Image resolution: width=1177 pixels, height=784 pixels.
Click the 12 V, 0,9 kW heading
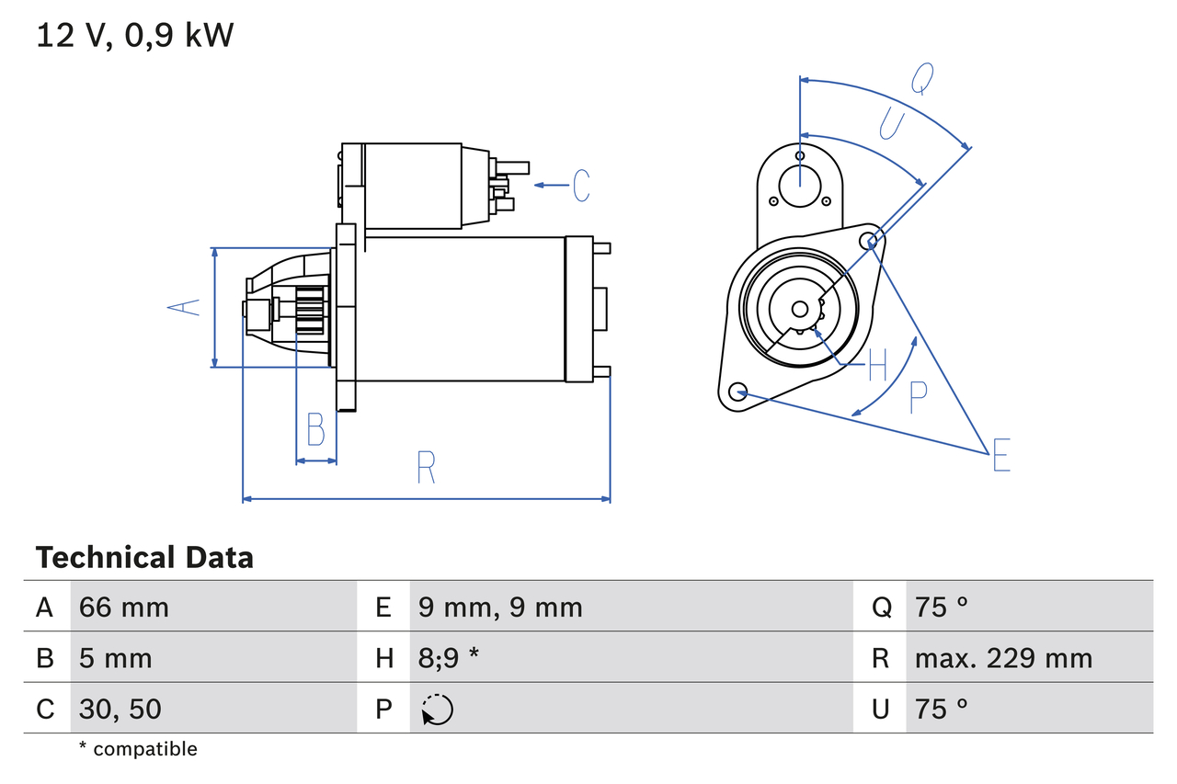tap(135, 36)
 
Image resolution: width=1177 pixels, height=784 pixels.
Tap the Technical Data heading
tap(144, 558)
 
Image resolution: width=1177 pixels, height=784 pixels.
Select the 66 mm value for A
tap(124, 608)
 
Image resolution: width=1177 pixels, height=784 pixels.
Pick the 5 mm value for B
tap(116, 658)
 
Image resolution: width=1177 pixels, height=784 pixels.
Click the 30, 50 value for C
tap(120, 709)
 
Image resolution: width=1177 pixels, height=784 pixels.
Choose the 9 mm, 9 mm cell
tap(500, 608)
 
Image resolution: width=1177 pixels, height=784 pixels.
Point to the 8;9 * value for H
tap(449, 658)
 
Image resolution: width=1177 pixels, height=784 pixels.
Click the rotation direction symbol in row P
tap(438, 710)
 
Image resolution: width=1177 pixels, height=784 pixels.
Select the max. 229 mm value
tap(1003, 658)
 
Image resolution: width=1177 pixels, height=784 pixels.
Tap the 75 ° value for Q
tap(942, 608)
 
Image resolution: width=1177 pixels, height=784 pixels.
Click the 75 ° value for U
tap(942, 709)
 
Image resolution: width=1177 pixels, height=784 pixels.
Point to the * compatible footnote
tap(138, 749)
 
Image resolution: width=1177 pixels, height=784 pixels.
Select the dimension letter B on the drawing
tap(315, 429)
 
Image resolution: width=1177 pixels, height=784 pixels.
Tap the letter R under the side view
tap(425, 468)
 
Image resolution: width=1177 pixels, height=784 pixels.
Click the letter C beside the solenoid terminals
tap(581, 186)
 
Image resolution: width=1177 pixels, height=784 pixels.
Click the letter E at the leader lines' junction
tap(1000, 456)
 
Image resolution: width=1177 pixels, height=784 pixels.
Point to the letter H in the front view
tap(877, 365)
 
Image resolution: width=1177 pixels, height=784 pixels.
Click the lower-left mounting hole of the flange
tap(737, 392)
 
